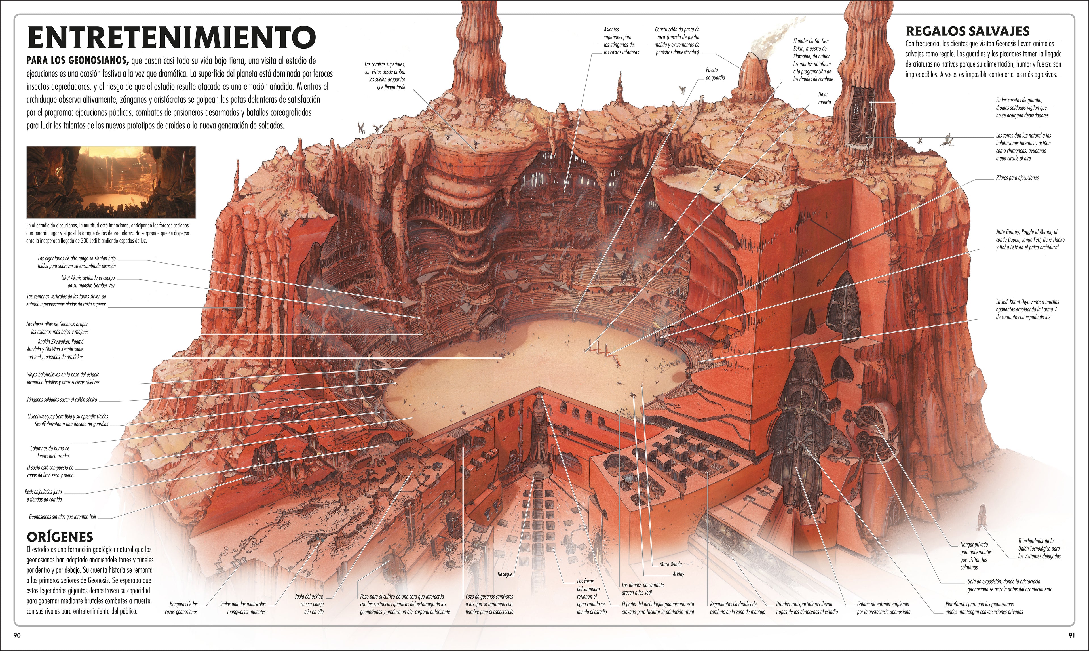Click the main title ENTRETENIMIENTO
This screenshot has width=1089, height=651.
171,37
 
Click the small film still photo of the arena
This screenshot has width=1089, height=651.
111,182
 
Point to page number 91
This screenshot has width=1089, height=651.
1071,635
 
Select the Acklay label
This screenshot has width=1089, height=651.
678,574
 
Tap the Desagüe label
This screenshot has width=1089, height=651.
505,574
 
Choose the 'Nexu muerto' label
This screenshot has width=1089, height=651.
824,98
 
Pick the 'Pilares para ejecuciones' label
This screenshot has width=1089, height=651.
1017,178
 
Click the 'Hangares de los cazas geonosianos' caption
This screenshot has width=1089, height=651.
181,608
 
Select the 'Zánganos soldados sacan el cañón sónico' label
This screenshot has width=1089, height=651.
62,400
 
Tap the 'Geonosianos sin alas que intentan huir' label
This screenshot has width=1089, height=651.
63,517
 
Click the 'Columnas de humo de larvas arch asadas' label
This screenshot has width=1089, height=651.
50,452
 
